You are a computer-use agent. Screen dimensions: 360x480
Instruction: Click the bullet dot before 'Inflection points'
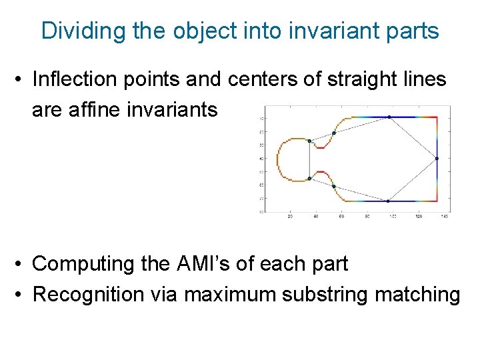click(21, 80)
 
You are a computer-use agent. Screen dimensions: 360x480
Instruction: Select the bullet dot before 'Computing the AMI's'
click(21, 265)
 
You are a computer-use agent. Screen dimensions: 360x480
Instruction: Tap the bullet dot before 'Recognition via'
click(21, 295)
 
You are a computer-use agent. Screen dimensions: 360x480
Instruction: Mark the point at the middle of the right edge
click(437, 159)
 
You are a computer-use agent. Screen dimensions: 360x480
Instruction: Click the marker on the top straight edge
click(389, 117)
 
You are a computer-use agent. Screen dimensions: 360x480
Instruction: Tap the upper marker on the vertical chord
click(309, 141)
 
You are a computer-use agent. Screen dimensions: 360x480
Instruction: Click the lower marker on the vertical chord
click(309, 179)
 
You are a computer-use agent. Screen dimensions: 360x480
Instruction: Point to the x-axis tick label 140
click(444, 217)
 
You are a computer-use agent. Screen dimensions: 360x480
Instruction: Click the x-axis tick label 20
click(289, 217)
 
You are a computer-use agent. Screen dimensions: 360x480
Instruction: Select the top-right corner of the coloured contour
click(437, 117)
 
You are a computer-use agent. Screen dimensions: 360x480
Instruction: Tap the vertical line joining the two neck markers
click(309, 160)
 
